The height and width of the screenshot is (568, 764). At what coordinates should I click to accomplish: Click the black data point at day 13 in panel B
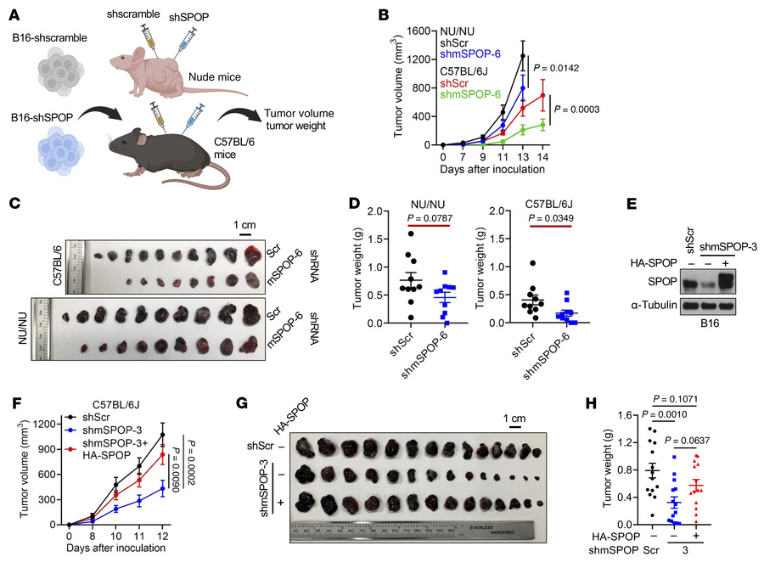[523, 56]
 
